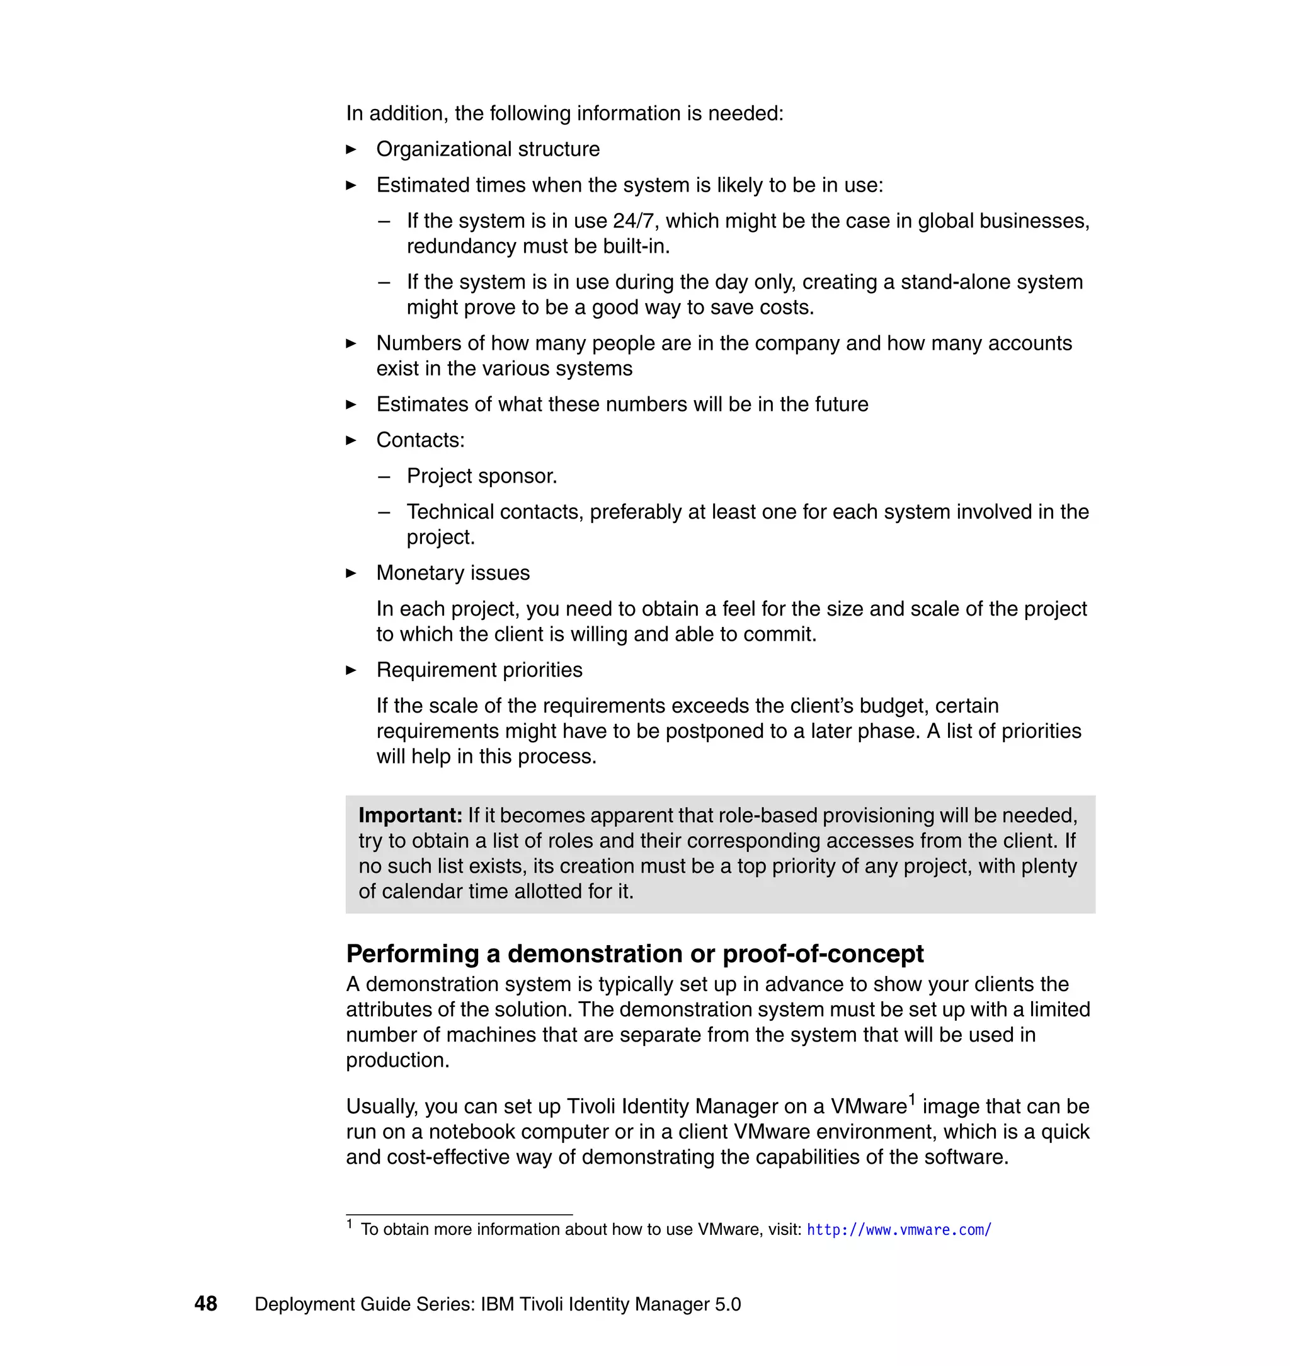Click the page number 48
[x=205, y=1304]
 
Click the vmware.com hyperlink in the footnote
[x=899, y=1230]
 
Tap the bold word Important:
[x=410, y=815]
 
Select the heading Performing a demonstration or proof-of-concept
[x=634, y=953]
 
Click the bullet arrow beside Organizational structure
[x=351, y=149]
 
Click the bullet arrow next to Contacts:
[x=351, y=440]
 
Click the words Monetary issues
[x=452, y=573]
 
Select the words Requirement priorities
[x=479, y=670]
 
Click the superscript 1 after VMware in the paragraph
[x=912, y=1099]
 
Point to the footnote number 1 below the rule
[x=350, y=1224]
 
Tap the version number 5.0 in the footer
[x=728, y=1304]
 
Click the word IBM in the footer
[x=497, y=1304]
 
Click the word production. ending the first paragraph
[x=397, y=1060]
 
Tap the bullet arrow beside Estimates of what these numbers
[x=351, y=405]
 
